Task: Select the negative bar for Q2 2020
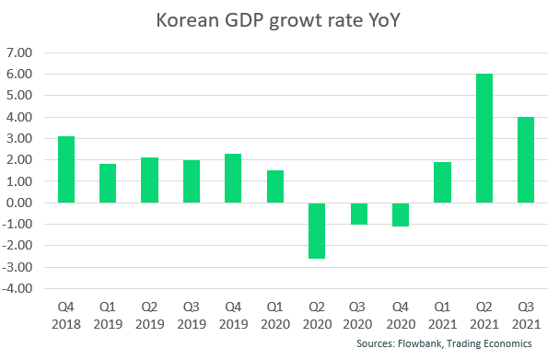point(316,230)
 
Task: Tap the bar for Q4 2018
point(65,169)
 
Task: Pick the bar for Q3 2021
point(526,159)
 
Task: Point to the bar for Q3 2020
point(358,214)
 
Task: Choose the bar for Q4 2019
point(233,178)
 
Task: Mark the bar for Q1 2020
point(274,186)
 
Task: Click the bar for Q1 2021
point(442,182)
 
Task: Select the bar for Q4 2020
point(400,215)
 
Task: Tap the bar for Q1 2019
point(107,183)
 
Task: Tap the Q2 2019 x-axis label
point(149,314)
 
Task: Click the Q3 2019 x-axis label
point(191,314)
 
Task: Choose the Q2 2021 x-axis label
point(483,314)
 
